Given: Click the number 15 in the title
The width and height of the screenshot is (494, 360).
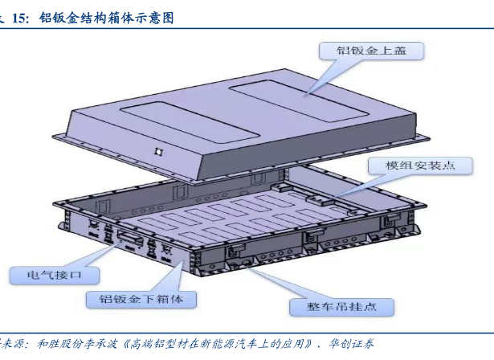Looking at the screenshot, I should point(20,17).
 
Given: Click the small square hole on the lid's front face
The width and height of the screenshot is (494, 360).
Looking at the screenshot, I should point(159,151).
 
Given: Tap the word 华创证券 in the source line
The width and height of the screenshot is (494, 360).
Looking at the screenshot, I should point(353,344).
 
